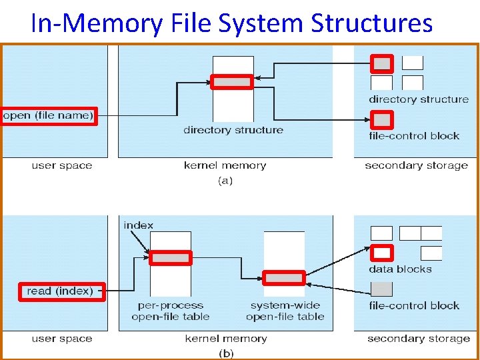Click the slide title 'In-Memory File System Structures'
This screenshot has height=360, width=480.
click(231, 23)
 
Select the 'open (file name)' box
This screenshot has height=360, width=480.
click(49, 116)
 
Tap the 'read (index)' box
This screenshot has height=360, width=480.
click(60, 291)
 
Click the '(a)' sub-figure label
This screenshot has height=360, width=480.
click(225, 180)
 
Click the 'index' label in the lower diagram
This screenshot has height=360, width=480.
click(138, 225)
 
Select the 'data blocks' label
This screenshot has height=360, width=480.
click(400, 269)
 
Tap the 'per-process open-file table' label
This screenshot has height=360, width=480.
click(170, 311)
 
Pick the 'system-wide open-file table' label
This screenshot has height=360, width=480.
click(285, 311)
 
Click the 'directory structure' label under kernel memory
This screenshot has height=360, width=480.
click(233, 130)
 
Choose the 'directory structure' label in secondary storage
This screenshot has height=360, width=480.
click(419, 99)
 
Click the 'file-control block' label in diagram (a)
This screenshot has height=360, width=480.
click(414, 136)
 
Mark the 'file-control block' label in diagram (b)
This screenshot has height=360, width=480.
click(414, 306)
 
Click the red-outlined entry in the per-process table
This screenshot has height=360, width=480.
click(170, 258)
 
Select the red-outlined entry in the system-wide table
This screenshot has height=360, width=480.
click(284, 278)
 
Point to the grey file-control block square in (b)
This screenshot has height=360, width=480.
click(381, 289)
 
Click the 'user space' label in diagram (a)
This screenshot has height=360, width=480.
click(62, 165)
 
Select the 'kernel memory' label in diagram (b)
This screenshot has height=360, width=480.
click(226, 339)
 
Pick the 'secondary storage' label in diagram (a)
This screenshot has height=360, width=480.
click(416, 165)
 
